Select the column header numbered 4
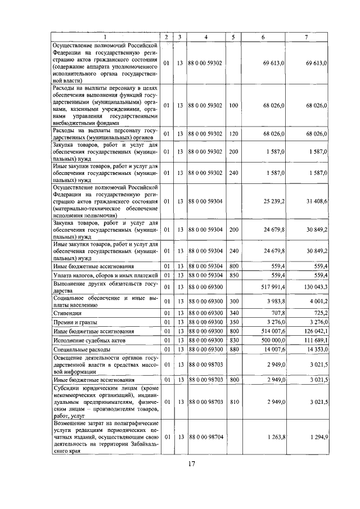pyautogui.click(x=206, y=37)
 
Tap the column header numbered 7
pyautogui.click(x=306, y=37)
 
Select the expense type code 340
pyautogui.click(x=233, y=312)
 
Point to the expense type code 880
pyautogui.click(x=233, y=350)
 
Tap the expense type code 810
pyautogui.click(x=233, y=402)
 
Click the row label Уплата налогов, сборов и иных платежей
pyautogui.click(x=105, y=275)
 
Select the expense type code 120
pyautogui.click(x=233, y=133)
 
